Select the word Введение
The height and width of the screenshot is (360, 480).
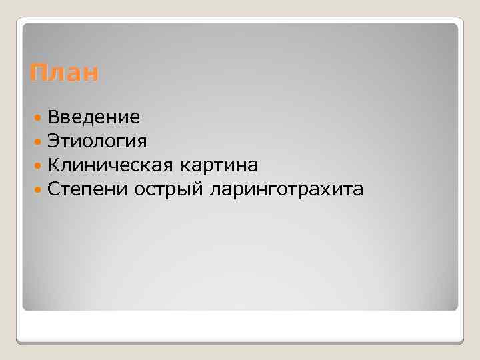pyautogui.click(x=94, y=118)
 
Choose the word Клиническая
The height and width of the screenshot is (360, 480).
pyautogui.click(x=109, y=165)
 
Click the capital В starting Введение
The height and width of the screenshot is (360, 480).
pyautogui.click(x=53, y=118)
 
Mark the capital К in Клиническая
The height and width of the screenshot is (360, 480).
pyautogui.click(x=54, y=165)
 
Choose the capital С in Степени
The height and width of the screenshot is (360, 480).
pyautogui.click(x=54, y=190)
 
